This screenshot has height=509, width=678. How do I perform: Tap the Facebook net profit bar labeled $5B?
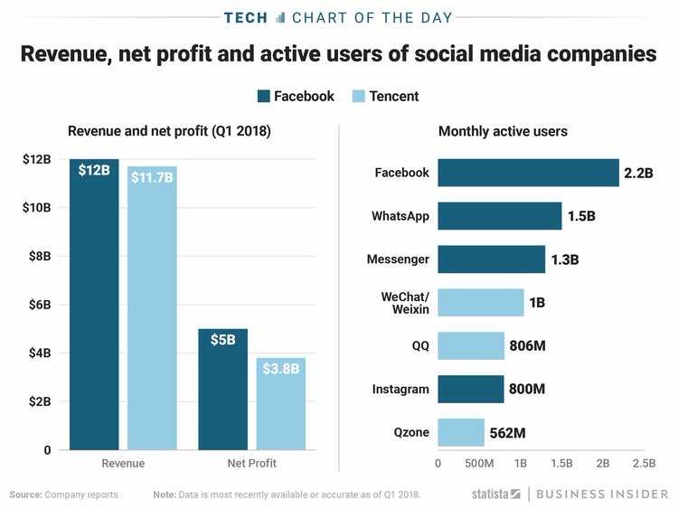click(222, 389)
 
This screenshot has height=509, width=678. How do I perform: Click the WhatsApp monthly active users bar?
click(499, 216)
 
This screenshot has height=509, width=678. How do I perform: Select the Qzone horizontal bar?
click(461, 432)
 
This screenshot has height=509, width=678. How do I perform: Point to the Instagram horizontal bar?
click(470, 389)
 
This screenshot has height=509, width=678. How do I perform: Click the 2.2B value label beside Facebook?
click(638, 173)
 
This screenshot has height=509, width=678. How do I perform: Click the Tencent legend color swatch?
click(358, 96)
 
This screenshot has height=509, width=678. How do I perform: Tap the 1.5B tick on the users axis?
click(561, 464)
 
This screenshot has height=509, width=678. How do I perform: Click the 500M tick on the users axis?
click(478, 464)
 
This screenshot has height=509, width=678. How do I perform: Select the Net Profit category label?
click(251, 463)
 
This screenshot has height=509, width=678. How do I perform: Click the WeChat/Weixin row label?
click(405, 303)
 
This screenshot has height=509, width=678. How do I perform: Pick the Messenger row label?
click(398, 259)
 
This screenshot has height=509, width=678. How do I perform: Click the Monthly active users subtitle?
click(503, 131)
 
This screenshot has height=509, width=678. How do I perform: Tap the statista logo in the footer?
click(496, 495)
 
